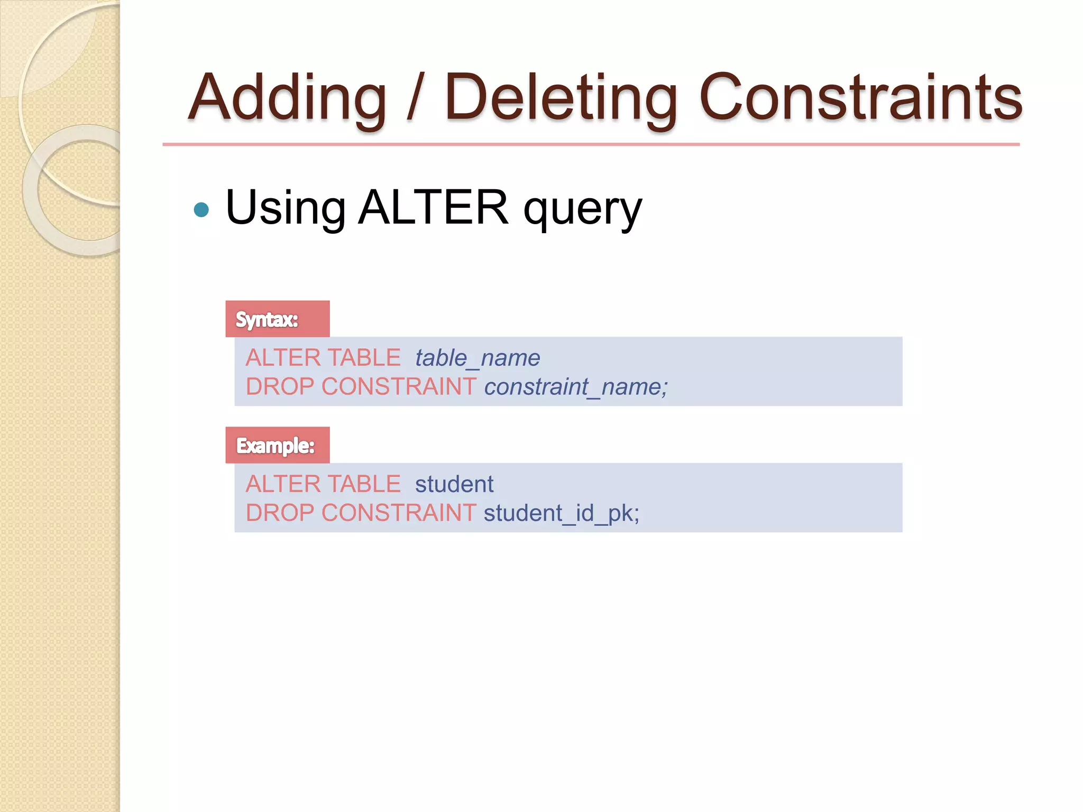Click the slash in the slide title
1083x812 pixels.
[415, 98]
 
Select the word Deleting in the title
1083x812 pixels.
[561, 98]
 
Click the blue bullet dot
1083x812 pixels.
[201, 210]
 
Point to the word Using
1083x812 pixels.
[286, 208]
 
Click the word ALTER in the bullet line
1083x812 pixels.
[433, 207]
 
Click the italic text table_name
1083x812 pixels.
[477, 358]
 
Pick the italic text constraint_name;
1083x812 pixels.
[575, 387]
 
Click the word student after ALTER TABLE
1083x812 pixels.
[454, 484]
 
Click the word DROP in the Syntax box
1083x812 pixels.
[280, 387]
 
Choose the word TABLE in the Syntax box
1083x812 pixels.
[364, 358]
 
